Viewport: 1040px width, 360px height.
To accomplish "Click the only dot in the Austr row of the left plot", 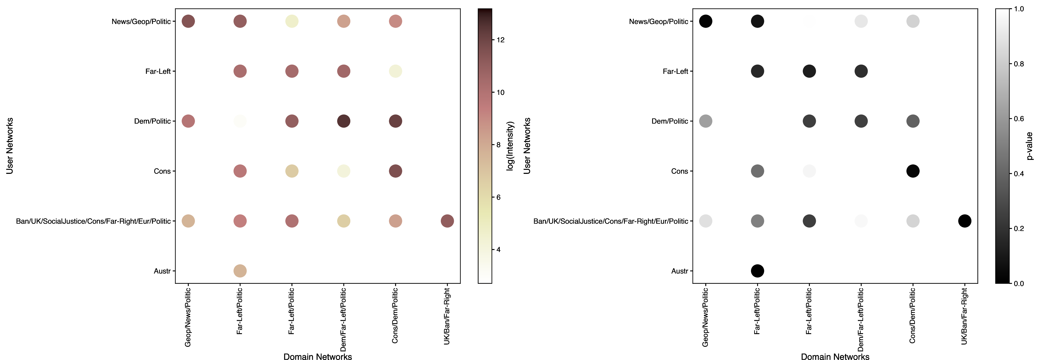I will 240,271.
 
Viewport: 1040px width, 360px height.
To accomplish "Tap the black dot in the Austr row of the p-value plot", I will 757,271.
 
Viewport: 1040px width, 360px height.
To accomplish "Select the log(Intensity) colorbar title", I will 510,146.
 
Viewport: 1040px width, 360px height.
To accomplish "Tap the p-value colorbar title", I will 1029,146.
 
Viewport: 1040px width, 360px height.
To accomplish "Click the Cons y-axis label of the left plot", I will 162,171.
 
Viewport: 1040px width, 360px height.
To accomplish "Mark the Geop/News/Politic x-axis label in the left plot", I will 188,317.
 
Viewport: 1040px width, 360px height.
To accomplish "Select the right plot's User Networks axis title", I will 527,146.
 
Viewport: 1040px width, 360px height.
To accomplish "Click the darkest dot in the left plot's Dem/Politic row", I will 343,121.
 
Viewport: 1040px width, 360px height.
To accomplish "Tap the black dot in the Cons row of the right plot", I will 913,171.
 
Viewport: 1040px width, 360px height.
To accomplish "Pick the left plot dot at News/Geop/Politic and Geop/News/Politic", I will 188,21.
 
